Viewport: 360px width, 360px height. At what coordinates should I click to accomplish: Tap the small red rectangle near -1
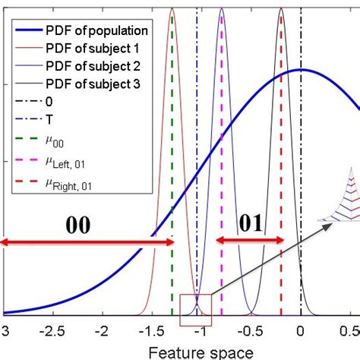pos(191,311)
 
